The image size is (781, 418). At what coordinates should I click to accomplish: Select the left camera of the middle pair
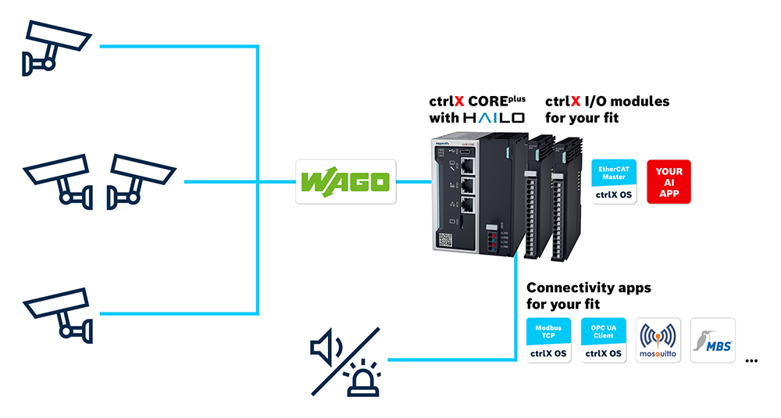pos(57,179)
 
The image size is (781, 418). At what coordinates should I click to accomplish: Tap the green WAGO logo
pos(345,182)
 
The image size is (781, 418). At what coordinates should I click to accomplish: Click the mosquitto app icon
pos(658,341)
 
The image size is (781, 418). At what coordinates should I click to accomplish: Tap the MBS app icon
pos(712,341)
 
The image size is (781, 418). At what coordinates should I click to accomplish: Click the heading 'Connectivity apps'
pos(588,288)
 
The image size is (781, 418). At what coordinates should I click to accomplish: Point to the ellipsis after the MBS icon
pos(752,360)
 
